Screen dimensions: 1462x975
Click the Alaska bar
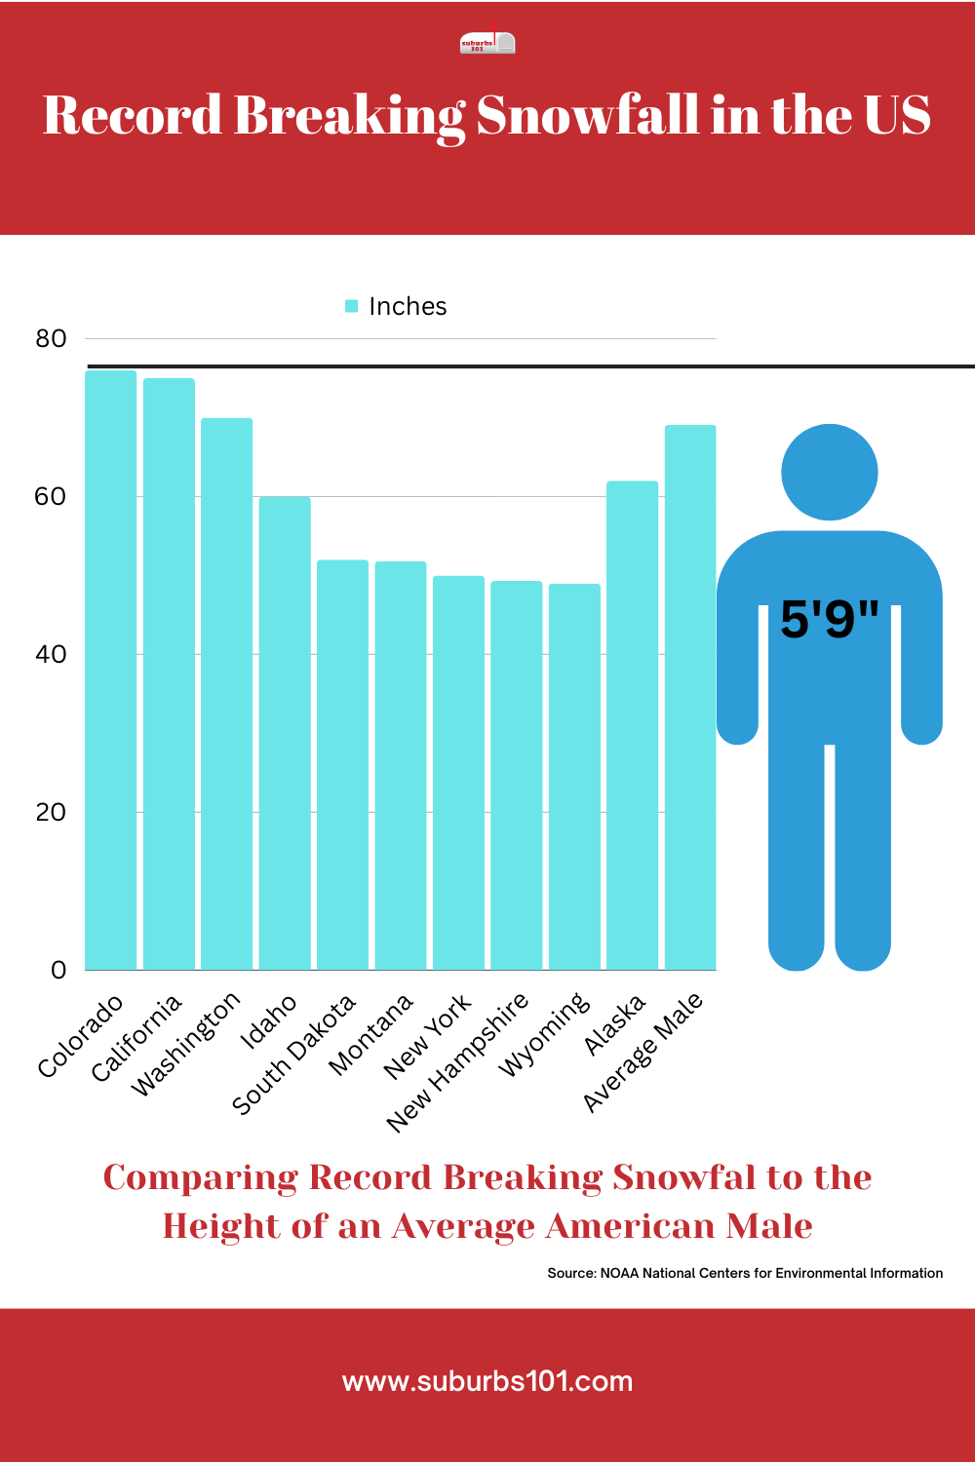click(x=632, y=725)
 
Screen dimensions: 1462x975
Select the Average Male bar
click(x=690, y=698)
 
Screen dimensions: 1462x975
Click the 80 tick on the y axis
click(x=51, y=339)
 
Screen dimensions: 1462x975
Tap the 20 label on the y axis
click(x=51, y=812)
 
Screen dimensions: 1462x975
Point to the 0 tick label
click(x=58, y=970)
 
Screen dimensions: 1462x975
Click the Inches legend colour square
click(x=352, y=306)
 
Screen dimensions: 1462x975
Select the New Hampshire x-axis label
click(x=458, y=1062)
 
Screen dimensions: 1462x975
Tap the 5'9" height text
click(x=830, y=619)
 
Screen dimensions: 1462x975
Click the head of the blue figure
click(x=830, y=473)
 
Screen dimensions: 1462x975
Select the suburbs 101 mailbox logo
click(x=487, y=43)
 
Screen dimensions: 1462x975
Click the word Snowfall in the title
click(x=587, y=115)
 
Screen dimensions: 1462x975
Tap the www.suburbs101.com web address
click(x=487, y=1381)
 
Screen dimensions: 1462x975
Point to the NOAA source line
click(x=745, y=1273)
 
